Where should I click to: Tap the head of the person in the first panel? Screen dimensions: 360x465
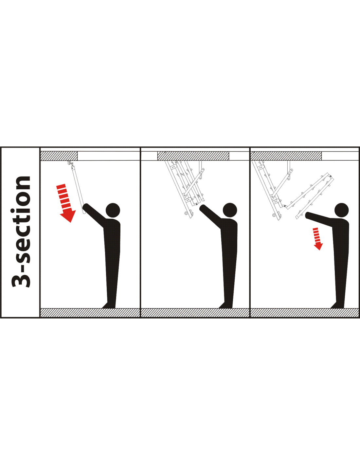click(113, 210)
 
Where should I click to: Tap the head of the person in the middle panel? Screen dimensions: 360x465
click(230, 210)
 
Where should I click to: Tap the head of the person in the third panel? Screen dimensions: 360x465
click(342, 210)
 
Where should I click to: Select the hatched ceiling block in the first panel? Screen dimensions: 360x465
click(59, 156)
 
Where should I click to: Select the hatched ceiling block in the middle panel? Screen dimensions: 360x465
click(193, 156)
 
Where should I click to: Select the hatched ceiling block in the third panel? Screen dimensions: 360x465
click(286, 156)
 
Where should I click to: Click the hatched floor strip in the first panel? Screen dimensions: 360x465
click(90, 313)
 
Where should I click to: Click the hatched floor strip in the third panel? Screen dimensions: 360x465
click(305, 313)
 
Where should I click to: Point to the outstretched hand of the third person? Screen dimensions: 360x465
click(308, 215)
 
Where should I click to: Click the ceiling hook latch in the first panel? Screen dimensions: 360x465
click(70, 164)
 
